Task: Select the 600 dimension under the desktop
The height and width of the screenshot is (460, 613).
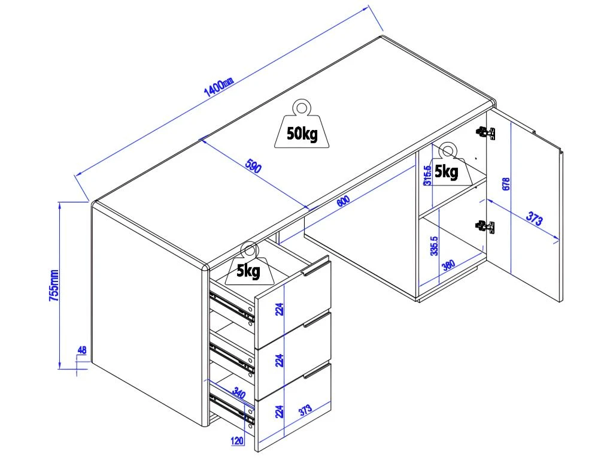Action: pos(342,202)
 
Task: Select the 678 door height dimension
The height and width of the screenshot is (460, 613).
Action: pos(506,184)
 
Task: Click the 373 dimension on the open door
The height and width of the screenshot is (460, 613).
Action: pos(534,220)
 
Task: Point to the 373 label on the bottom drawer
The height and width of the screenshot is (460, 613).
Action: pos(305,410)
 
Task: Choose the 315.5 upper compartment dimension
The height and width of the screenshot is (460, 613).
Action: pos(427,175)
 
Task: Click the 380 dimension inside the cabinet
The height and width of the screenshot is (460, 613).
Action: pos(448,264)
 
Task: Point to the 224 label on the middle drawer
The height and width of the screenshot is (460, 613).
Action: pos(279,360)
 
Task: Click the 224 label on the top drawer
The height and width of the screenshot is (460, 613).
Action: pos(279,309)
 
